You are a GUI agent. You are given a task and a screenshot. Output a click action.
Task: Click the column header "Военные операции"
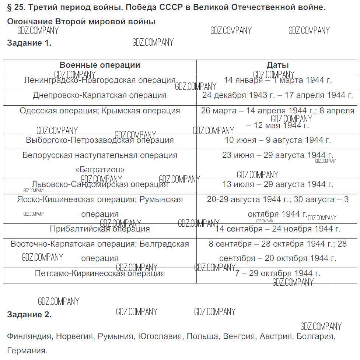100,65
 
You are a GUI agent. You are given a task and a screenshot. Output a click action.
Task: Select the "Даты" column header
277,65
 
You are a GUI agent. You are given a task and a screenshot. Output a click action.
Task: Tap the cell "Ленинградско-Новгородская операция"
100,80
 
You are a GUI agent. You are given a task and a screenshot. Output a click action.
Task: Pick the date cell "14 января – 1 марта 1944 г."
278,80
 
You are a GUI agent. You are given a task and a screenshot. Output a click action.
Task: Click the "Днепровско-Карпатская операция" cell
100,95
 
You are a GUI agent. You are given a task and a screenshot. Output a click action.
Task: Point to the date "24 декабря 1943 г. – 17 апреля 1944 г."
278,95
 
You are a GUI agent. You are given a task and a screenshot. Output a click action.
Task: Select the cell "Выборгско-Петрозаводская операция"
100,140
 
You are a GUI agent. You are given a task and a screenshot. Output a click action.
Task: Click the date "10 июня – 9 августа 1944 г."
278,140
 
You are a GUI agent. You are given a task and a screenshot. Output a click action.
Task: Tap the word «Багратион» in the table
100,170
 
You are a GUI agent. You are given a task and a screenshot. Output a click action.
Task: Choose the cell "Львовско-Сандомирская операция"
100,184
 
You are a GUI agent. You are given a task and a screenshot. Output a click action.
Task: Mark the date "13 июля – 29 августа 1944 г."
278,184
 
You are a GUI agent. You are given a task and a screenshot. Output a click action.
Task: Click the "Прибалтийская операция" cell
100,229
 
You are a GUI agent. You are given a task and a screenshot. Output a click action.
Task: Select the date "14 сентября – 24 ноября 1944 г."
278,229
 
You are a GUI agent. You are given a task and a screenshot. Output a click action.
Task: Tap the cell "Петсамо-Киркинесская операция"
100,273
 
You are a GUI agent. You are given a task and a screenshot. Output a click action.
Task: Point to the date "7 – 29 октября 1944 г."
278,273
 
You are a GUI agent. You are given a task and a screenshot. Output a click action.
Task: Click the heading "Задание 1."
29,43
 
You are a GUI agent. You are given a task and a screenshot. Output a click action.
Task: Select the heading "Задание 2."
29,315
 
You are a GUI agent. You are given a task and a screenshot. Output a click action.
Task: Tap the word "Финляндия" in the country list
29,336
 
